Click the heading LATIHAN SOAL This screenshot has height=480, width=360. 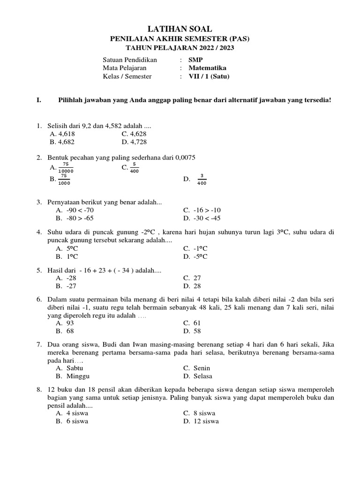(180, 30)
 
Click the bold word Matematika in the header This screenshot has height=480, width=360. (207, 68)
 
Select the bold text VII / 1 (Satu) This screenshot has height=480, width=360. (209, 76)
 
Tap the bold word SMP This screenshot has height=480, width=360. (195, 60)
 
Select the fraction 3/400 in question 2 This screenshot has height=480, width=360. (202, 180)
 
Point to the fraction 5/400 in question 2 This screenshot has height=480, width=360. (134, 167)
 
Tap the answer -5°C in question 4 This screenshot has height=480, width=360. (199, 256)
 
